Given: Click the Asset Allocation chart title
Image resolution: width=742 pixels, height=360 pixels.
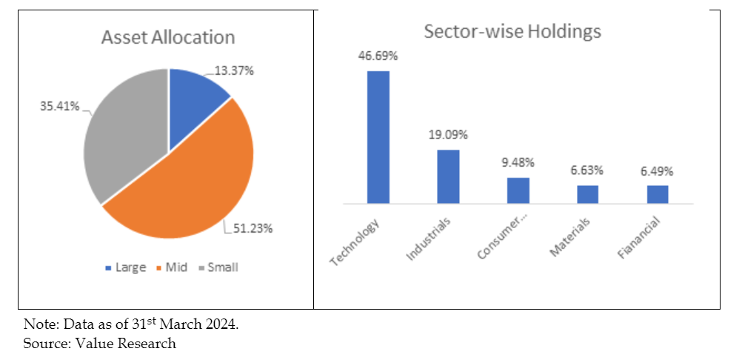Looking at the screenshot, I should pyautogui.click(x=168, y=38).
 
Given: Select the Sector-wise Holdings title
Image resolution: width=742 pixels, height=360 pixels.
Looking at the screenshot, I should pyautogui.click(x=512, y=32).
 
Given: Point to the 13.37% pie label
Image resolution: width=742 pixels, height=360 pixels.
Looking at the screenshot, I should pyautogui.click(x=235, y=71).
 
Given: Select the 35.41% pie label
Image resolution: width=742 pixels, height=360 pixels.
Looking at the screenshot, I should pyautogui.click(x=59, y=106).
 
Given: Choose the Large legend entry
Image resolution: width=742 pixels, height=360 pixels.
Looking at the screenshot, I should pyautogui.click(x=126, y=267).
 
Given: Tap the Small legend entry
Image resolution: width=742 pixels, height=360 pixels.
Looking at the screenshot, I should pyautogui.click(x=218, y=267).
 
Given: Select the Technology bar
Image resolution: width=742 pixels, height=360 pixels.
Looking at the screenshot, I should pyautogui.click(x=378, y=136).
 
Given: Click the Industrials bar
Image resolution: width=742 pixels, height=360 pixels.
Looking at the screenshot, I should pyautogui.click(x=448, y=176).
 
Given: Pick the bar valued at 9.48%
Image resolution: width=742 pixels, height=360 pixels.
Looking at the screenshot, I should pyautogui.click(x=518, y=190).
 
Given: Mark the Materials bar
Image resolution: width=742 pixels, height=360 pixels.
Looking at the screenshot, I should pyautogui.click(x=588, y=194).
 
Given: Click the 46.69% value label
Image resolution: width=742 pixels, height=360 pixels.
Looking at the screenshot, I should pyautogui.click(x=378, y=56).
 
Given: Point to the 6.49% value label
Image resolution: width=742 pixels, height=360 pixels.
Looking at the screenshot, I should pyautogui.click(x=658, y=170).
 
